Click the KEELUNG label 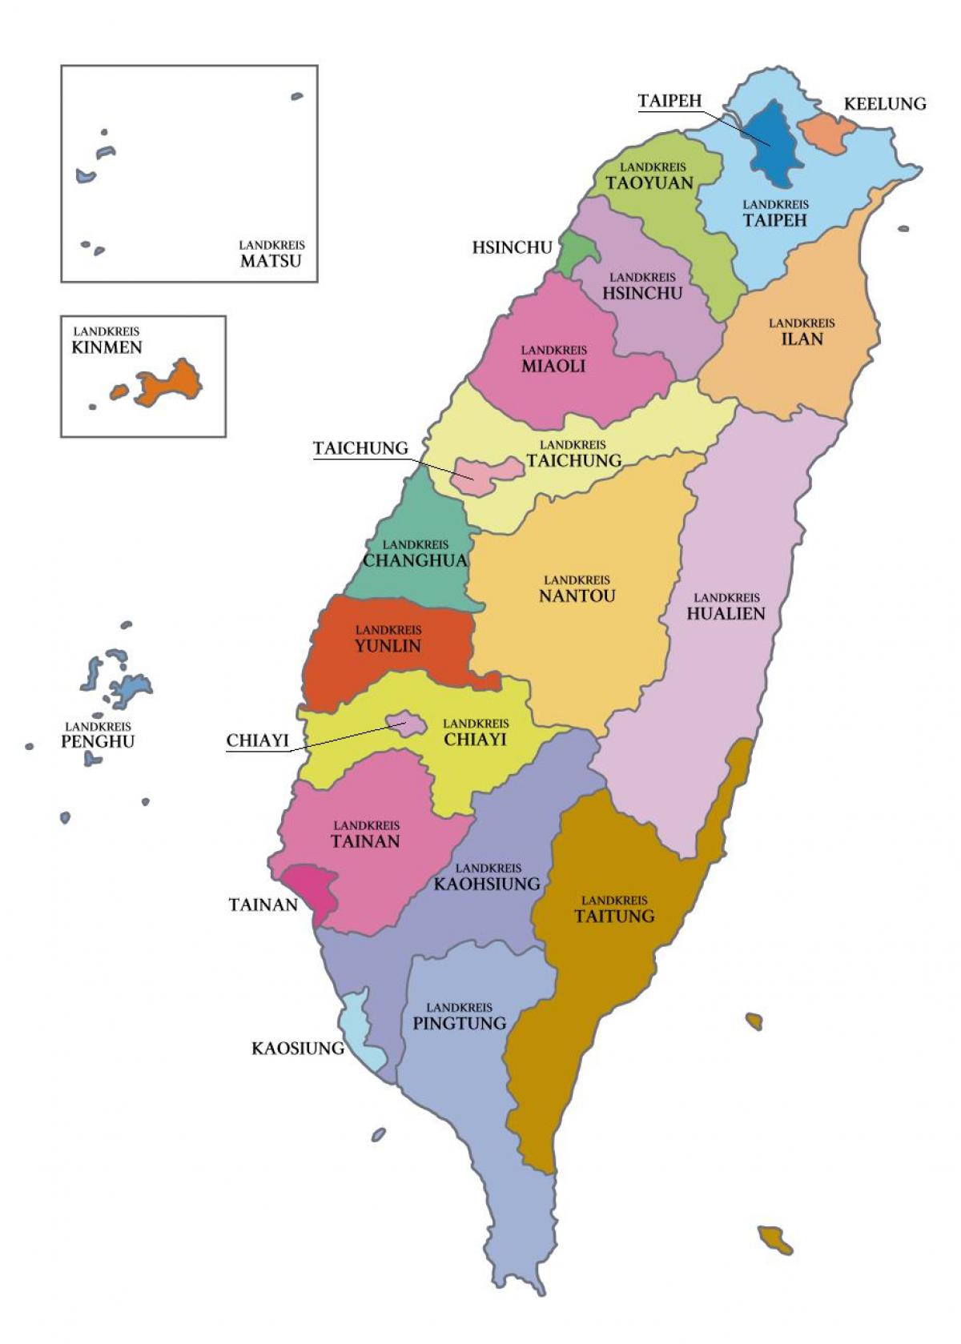pos(885,104)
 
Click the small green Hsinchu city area pos(575,251)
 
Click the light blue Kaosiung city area pos(358,1033)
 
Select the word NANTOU pos(577,596)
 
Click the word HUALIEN pos(726,614)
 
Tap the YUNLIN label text pos(388,646)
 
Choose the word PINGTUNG pos(460,1023)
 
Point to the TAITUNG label pos(614,916)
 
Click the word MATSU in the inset pos(271,260)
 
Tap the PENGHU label pos(98,741)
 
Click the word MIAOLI pos(553,366)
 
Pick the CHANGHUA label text pos(415,560)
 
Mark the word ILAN pos(802,339)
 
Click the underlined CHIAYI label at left pos(257,740)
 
